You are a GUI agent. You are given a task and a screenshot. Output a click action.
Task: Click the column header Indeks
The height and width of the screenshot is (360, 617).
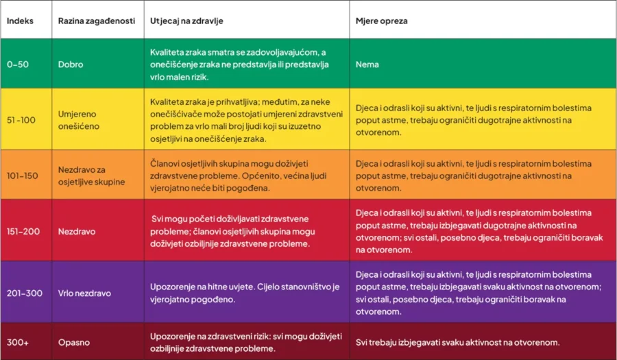coord(21,21)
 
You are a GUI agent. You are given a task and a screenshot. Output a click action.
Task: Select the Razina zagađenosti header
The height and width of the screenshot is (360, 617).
coord(94,21)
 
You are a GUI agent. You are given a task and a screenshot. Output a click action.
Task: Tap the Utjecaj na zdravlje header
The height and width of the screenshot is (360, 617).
coord(186,21)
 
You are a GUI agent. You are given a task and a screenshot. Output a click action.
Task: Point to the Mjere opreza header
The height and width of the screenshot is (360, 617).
coord(381,21)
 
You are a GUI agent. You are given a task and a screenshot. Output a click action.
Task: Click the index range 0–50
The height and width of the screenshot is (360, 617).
coord(19,64)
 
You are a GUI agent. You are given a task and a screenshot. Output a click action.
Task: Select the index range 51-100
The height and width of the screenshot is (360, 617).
coord(21,120)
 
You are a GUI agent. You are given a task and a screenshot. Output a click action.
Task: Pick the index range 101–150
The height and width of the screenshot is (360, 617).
coord(23,176)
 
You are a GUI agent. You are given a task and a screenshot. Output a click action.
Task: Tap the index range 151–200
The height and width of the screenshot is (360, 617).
coord(23,231)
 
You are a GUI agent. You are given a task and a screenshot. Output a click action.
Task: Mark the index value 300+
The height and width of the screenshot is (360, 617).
coord(19,342)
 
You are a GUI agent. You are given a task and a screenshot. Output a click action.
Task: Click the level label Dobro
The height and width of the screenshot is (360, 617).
coord(71,64)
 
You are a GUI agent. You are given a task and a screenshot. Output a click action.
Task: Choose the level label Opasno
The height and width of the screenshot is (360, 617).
coord(74,342)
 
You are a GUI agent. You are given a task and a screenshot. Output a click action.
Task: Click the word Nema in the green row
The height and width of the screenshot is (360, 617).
coord(367,64)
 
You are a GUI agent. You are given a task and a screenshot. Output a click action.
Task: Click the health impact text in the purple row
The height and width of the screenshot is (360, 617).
coord(245,293)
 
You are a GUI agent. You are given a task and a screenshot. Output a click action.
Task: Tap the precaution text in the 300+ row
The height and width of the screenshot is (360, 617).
coord(457,342)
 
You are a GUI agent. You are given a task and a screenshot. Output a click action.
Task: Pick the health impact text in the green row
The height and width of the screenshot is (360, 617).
coord(240,64)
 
